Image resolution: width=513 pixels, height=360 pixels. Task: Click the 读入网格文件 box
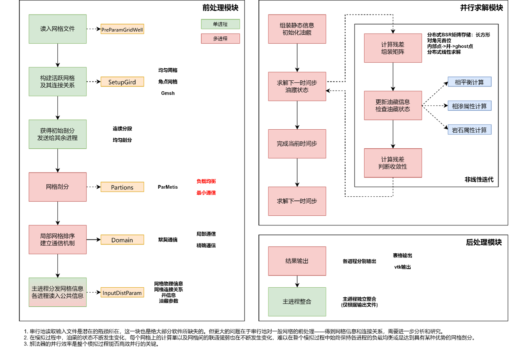(x=57, y=29)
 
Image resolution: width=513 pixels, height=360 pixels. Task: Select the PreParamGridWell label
(x=122, y=29)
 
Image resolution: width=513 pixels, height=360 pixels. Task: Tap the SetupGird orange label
(x=122, y=82)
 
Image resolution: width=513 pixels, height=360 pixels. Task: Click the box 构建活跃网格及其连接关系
(x=57, y=82)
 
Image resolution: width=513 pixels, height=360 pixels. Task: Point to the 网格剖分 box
(x=57, y=187)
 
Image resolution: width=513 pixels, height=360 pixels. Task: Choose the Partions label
(x=122, y=187)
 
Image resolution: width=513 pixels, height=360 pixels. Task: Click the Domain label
(x=122, y=240)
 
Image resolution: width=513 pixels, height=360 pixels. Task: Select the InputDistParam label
(x=122, y=293)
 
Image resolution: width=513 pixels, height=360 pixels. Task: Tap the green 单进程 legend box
(x=220, y=24)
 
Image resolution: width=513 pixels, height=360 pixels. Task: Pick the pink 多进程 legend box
(x=220, y=39)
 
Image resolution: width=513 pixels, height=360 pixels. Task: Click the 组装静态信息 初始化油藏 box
(x=297, y=29)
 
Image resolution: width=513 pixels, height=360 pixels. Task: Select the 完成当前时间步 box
(x=297, y=144)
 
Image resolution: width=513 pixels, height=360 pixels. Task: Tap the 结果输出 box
(x=297, y=261)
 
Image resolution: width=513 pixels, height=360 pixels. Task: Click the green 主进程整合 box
(x=297, y=302)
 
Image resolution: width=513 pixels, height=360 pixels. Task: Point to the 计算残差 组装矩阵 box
(x=393, y=48)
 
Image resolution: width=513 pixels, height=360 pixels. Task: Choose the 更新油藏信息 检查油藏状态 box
(x=393, y=105)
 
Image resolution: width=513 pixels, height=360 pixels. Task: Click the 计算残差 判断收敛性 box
(x=393, y=163)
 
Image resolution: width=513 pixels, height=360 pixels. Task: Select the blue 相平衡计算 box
(x=469, y=82)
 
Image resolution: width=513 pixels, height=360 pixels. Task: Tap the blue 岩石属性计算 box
(x=469, y=130)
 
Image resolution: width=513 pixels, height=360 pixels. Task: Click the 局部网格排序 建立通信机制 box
(x=57, y=240)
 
